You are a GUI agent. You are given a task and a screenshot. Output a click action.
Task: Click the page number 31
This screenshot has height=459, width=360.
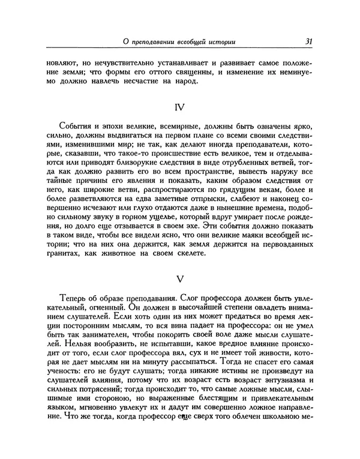pyautogui.click(x=308, y=41)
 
